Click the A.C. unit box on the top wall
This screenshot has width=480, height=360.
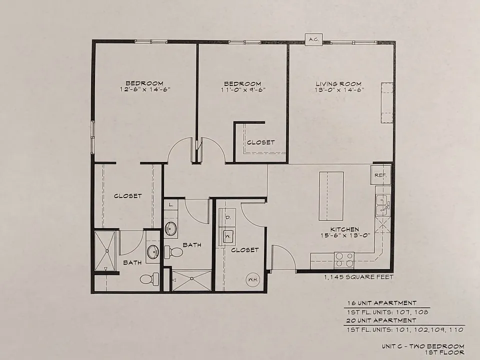coord(314,39)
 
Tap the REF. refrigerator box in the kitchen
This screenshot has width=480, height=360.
coord(381,175)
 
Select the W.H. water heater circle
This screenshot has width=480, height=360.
coord(253,280)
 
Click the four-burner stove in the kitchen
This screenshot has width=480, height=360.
coord(344,260)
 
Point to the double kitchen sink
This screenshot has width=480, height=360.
coord(382,205)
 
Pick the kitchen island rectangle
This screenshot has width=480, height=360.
coord(331,196)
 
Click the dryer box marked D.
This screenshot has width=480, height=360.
coord(228,217)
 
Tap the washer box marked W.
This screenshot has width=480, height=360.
coord(227,236)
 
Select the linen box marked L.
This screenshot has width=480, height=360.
coord(171,204)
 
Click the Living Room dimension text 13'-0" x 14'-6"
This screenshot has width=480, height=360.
coord(339,90)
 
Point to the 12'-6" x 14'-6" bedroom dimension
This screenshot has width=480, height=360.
coord(145,89)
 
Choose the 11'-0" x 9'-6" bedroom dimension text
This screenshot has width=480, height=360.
coord(243,89)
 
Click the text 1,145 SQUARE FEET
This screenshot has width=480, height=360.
coord(359,277)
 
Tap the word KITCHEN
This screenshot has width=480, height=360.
coord(344,229)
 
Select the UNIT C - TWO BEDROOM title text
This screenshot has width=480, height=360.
coord(423,346)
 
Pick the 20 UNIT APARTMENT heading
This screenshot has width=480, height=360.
coord(381,320)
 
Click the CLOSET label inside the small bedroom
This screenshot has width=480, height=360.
coord(261,142)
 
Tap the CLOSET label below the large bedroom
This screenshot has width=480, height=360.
coord(127,196)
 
